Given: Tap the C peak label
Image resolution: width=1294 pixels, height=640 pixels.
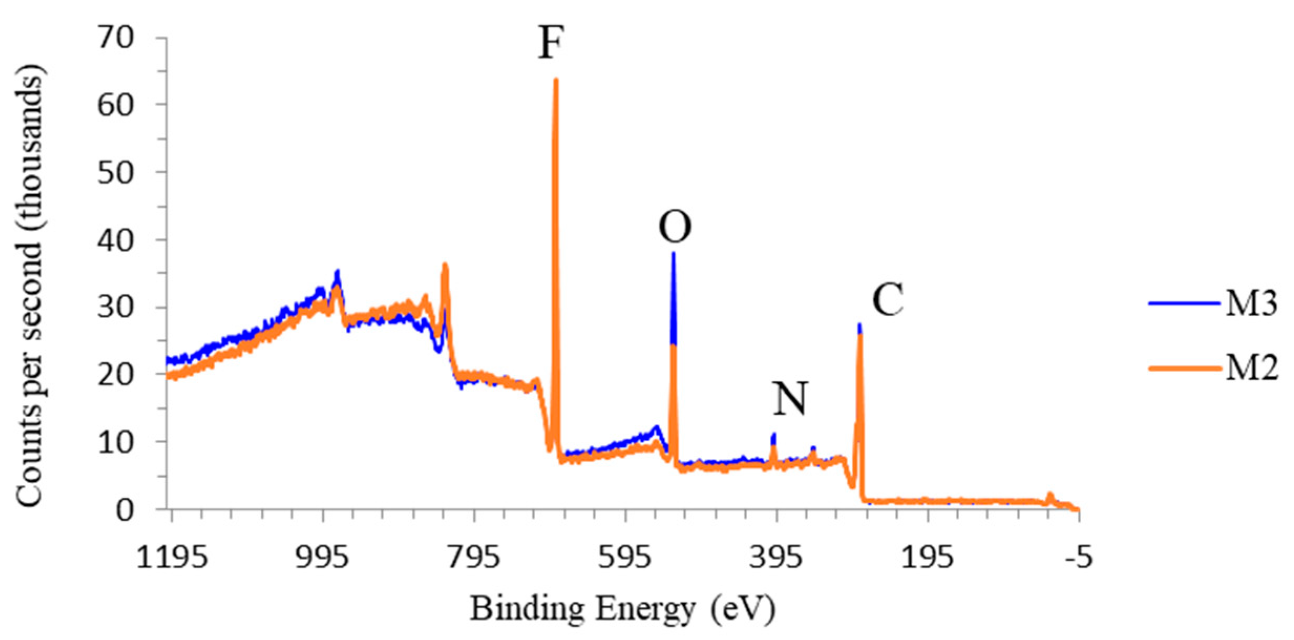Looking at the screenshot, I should click(x=887, y=300).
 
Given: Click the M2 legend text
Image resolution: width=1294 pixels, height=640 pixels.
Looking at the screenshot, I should click(x=1251, y=368).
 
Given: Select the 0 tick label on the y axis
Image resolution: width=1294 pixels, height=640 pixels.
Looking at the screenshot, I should click(x=125, y=509).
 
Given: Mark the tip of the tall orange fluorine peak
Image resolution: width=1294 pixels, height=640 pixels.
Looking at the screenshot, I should click(x=556, y=80).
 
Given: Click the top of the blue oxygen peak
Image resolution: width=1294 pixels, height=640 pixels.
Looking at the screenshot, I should click(x=673, y=254).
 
